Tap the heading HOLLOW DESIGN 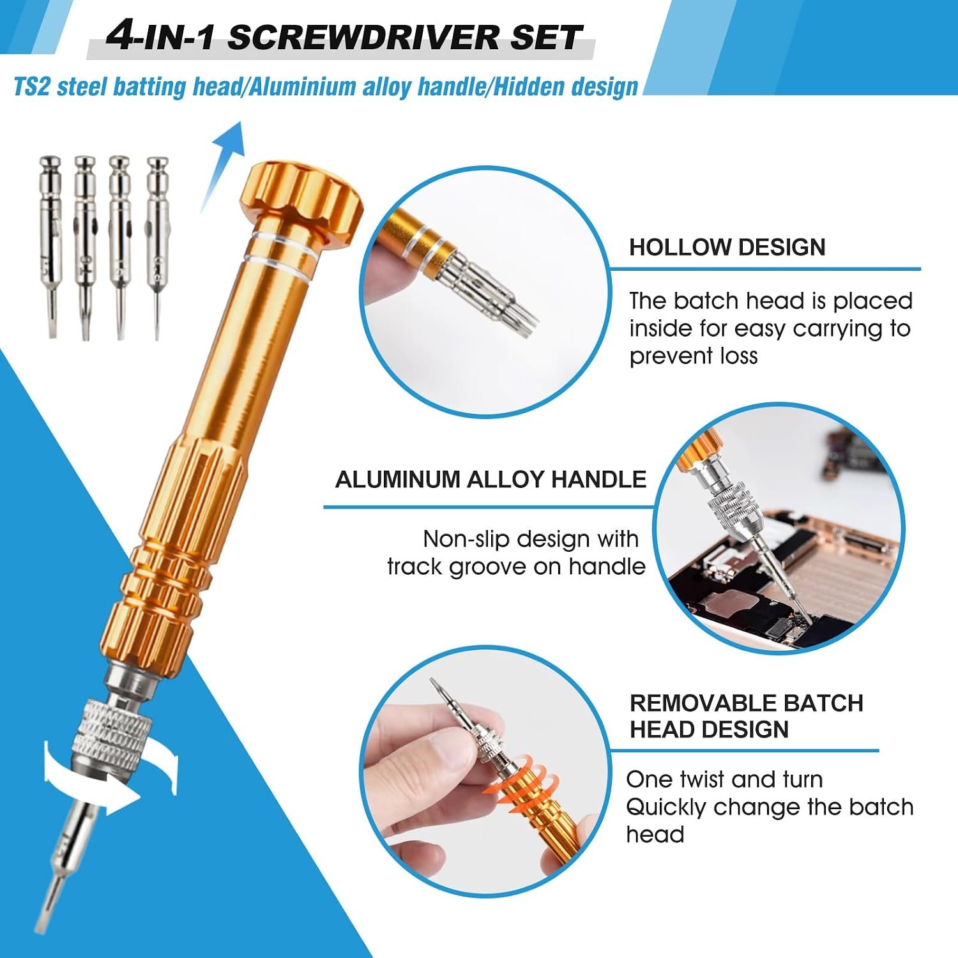(727, 247)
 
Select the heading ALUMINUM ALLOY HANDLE (490, 479)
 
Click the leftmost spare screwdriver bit (50, 246)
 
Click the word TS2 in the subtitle (31, 87)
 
